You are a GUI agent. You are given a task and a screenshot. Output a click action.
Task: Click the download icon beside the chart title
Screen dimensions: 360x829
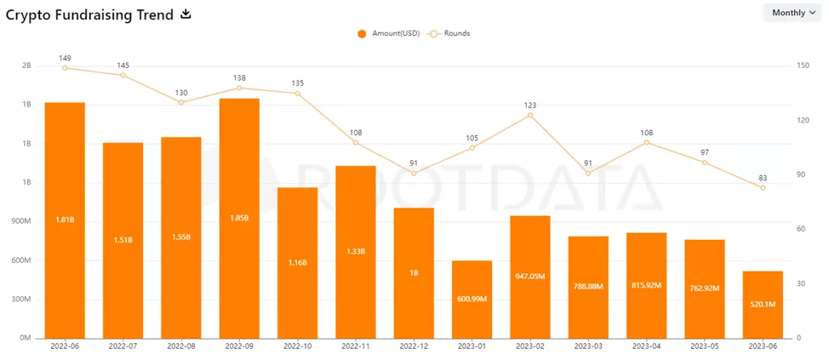(x=186, y=14)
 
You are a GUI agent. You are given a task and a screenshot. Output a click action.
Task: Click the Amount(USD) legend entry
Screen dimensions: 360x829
(x=387, y=33)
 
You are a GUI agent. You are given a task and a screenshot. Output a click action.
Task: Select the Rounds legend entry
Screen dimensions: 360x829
(x=449, y=33)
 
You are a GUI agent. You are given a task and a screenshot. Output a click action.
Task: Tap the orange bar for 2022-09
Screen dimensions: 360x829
(x=239, y=218)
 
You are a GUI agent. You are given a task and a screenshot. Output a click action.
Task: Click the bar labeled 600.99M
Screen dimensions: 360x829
(x=472, y=299)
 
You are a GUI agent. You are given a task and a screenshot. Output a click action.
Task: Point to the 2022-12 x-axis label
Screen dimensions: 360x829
(x=414, y=347)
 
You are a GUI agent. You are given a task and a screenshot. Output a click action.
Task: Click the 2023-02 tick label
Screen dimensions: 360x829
(x=530, y=347)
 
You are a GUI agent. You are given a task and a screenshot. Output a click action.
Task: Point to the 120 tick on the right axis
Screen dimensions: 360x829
(x=802, y=121)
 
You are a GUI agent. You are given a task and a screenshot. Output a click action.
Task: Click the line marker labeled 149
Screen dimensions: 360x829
(x=65, y=68)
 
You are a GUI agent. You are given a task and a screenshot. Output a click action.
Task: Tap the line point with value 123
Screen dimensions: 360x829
(x=530, y=115)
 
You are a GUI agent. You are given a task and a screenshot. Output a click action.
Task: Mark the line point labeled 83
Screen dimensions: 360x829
(x=763, y=187)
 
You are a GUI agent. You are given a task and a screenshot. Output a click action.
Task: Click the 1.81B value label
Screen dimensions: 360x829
(x=65, y=220)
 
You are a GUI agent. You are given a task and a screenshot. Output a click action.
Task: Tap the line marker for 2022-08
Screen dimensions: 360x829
(x=181, y=102)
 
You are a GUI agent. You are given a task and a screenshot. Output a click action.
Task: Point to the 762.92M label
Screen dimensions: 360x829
(x=705, y=289)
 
